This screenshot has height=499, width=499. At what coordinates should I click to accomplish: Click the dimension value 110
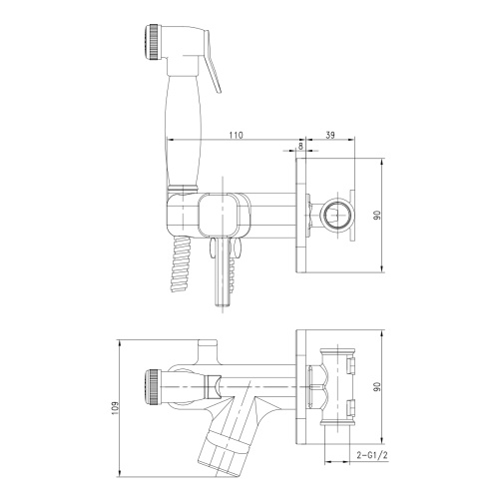click(x=236, y=133)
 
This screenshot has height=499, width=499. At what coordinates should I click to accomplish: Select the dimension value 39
click(x=332, y=133)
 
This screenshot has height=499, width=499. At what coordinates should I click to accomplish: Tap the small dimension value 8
click(x=301, y=145)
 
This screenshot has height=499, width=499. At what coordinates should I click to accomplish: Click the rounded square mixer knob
click(x=221, y=218)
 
